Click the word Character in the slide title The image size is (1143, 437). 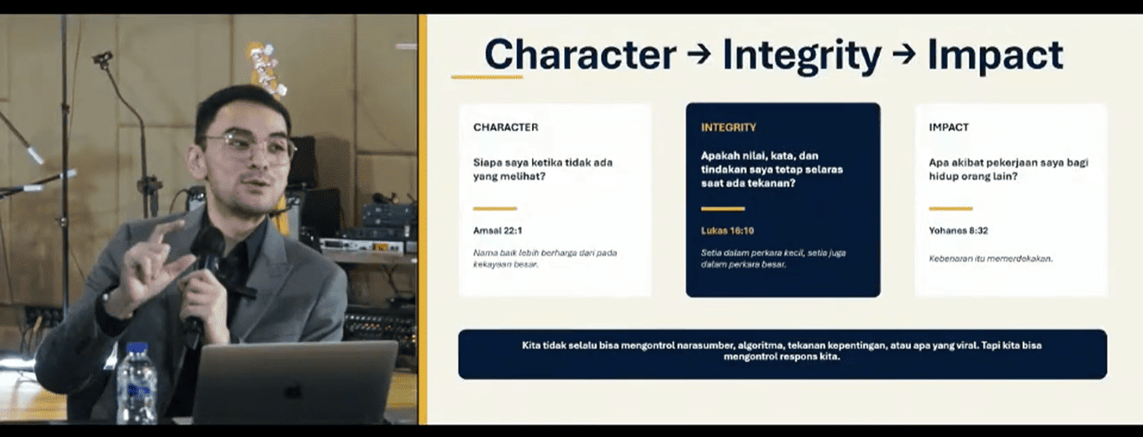point(580,55)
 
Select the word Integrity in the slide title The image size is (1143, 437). point(802,57)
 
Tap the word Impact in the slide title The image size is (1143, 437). point(996,57)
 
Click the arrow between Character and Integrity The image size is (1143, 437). point(699,55)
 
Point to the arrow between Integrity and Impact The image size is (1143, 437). point(904,55)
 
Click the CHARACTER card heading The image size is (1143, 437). point(506,127)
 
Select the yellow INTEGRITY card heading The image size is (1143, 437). point(729,127)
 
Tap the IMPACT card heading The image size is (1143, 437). point(949,127)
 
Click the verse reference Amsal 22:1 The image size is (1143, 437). point(498,231)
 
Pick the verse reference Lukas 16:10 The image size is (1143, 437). point(727,231)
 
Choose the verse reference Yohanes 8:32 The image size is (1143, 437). point(958,231)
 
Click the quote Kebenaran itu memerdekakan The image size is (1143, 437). point(990,259)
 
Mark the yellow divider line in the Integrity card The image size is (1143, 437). point(723,208)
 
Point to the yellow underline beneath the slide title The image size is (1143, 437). point(487,77)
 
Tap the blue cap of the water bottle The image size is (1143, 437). point(137,350)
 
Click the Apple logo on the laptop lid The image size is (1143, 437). point(292,392)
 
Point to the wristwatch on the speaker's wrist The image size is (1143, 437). point(108,303)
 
